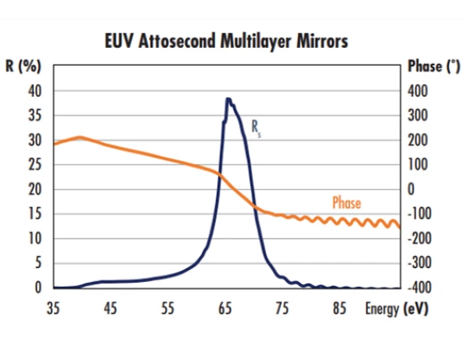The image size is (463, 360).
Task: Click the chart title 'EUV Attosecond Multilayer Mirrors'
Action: coord(227,41)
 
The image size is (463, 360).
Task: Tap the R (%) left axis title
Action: coord(24,67)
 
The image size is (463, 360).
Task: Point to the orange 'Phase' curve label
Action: coord(347,203)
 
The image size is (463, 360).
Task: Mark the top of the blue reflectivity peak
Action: coord(228,99)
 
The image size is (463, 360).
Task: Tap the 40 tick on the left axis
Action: coord(34,91)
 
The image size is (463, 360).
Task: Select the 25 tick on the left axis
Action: coord(34,165)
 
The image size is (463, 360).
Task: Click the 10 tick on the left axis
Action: coord(34,238)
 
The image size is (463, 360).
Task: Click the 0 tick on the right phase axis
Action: coord(411,189)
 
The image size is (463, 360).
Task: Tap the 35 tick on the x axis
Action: coord(54,309)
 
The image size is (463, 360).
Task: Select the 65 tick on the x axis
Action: coord(225,309)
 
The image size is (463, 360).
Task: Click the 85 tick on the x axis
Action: coord(340,309)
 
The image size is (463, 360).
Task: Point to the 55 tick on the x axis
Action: coord(168,309)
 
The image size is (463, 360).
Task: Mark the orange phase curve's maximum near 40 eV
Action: coord(80,137)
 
